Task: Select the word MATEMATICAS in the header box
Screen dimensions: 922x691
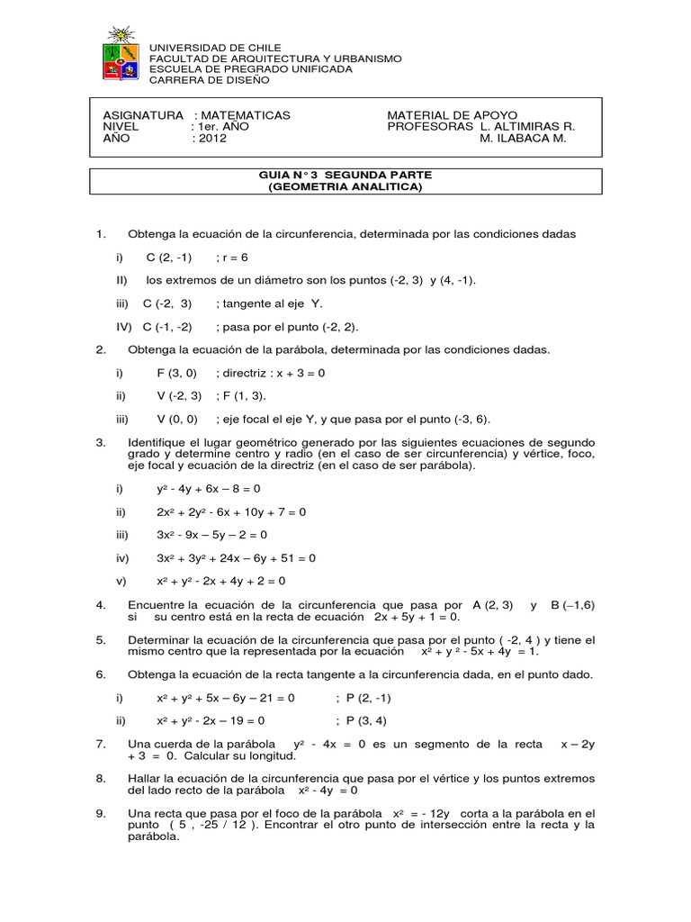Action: coord(246,115)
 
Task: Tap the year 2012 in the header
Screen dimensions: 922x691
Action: coord(213,139)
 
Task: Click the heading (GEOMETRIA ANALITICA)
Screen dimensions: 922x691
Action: coord(345,186)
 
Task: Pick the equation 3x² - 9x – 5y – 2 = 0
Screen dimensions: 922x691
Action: coord(219,535)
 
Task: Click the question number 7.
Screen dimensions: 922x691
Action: coord(101,744)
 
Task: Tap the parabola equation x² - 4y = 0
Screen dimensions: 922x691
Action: coord(328,790)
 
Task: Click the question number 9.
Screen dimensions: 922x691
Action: coord(101,813)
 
